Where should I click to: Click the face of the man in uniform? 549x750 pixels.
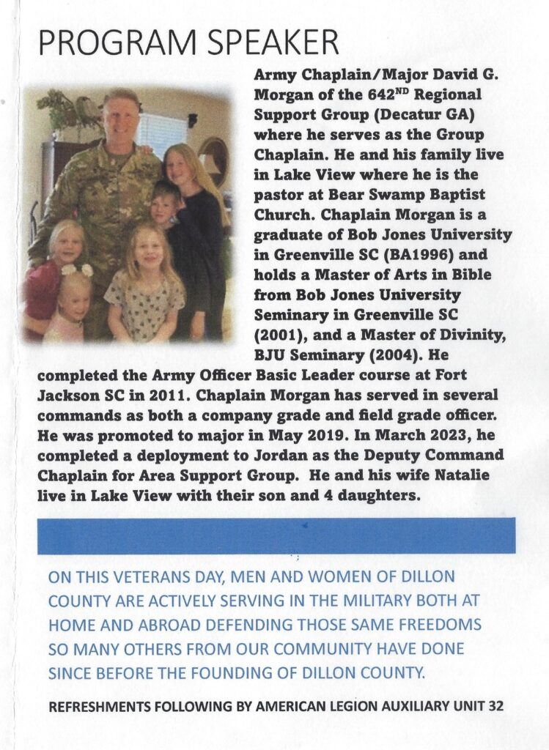pos(121,117)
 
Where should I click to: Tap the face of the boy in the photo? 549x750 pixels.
pos(162,208)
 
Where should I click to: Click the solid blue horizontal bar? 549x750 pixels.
pos(276,535)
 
